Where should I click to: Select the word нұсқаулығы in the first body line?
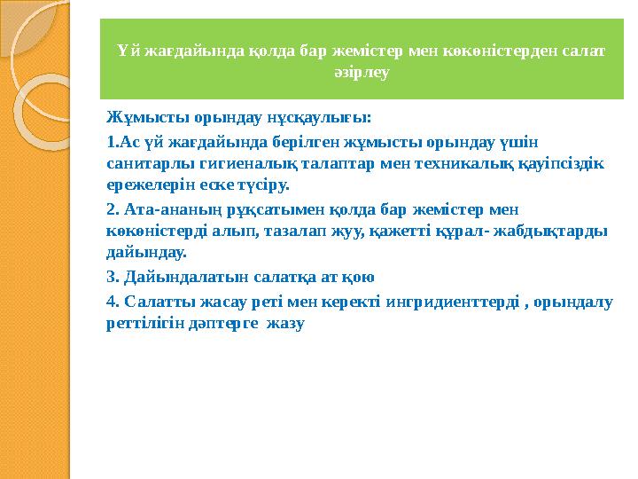point(324,117)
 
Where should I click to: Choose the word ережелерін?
point(152,186)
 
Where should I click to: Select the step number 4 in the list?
point(111,302)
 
